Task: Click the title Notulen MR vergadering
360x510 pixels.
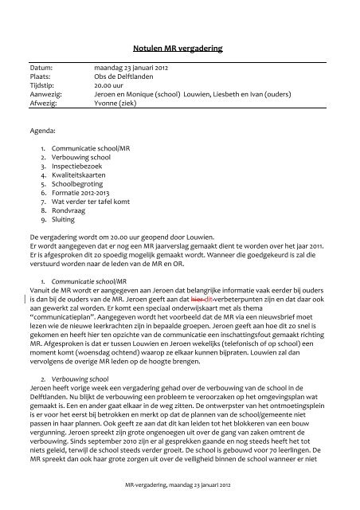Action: (180, 49)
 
